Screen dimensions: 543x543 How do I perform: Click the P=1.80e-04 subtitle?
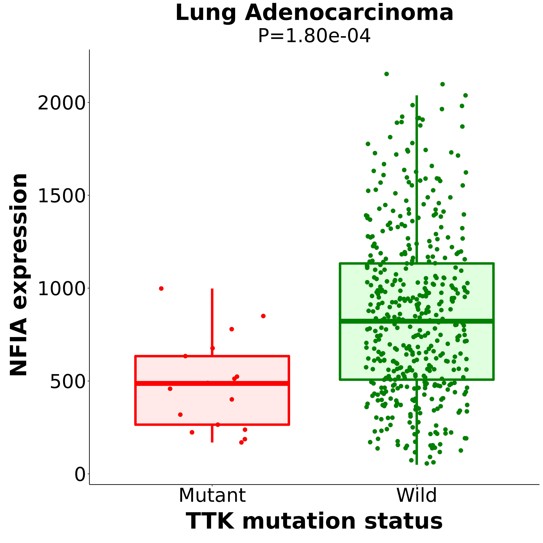314,36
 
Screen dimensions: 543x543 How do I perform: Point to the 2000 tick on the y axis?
61,103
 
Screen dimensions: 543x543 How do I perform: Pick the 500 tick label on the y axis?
67,382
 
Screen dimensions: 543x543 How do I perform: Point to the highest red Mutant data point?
161,288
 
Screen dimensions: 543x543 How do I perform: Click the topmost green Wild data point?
387,74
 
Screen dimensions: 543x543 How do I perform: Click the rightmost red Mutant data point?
263,316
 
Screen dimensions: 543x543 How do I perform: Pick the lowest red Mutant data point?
241,442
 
